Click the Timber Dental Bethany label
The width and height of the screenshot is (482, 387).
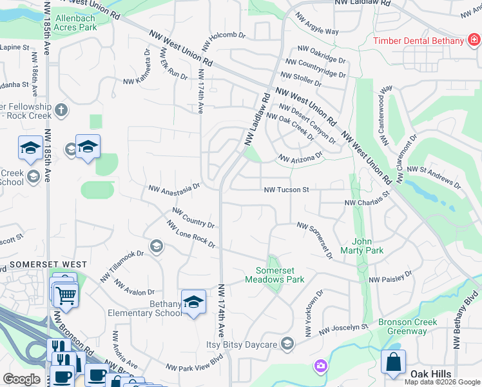[419, 41]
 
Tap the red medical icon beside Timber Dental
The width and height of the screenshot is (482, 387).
[474, 41]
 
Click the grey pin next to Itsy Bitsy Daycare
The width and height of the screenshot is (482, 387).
[287, 343]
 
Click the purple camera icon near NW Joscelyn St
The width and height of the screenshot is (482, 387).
[320, 366]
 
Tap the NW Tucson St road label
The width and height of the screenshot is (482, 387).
[287, 190]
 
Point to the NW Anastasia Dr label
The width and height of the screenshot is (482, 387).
[174, 188]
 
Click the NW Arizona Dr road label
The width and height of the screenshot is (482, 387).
[300, 157]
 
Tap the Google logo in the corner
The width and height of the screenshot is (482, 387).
[21, 379]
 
